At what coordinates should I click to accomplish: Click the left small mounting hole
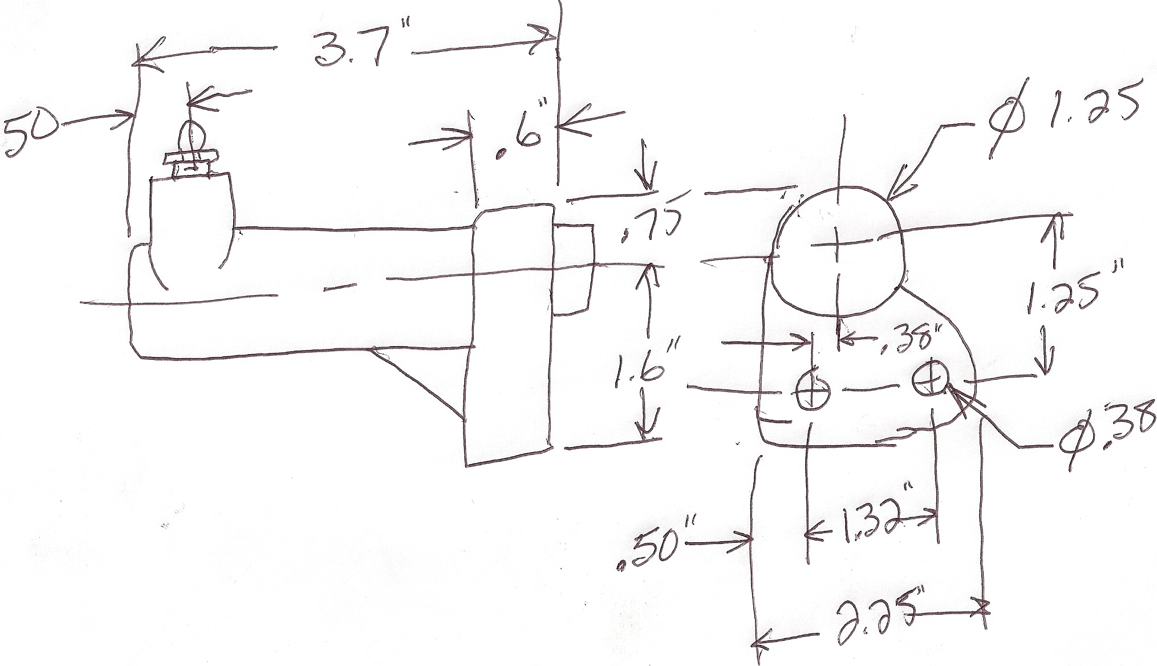point(813,389)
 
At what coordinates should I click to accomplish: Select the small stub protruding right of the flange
point(574,268)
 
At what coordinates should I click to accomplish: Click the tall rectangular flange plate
point(510,336)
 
